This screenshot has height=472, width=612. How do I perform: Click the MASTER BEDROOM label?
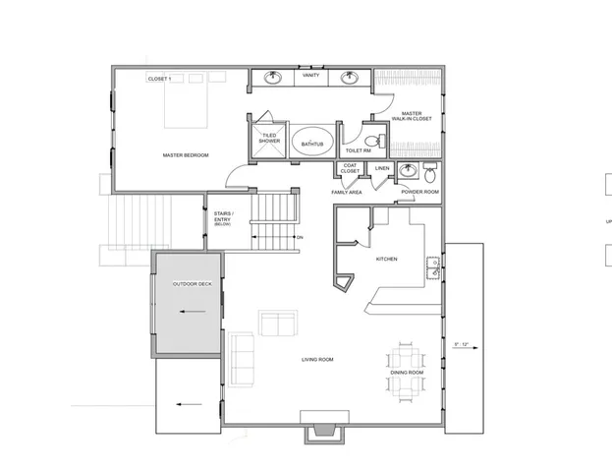tap(186, 155)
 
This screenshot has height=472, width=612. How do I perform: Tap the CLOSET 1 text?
tap(159, 78)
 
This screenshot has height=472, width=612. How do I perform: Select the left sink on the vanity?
tap(272, 78)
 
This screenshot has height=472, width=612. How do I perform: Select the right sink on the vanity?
tap(349, 78)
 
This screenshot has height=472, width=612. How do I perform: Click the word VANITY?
tap(310, 76)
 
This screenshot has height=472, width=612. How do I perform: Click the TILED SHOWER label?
tap(270, 139)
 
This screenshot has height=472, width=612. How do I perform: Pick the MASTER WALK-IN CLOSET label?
tap(412, 116)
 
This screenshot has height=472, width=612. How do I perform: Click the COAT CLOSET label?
tap(350, 168)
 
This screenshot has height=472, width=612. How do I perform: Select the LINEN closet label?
tap(382, 168)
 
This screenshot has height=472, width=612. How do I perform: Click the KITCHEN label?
tap(387, 259)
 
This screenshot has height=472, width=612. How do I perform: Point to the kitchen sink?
tap(432, 263)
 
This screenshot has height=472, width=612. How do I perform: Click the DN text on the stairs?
tap(300, 238)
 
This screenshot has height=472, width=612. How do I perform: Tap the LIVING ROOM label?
tap(318, 360)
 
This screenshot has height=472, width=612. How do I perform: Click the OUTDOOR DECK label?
tap(192, 284)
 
